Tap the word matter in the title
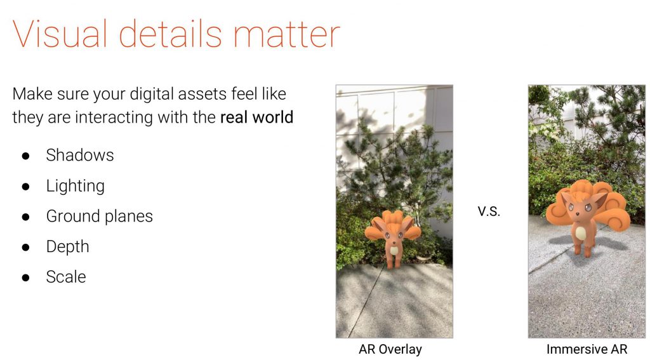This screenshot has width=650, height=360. [x=286, y=34]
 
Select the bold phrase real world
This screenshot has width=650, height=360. [x=256, y=117]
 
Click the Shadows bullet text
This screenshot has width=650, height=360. [x=79, y=155]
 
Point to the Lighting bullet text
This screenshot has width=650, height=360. [x=75, y=186]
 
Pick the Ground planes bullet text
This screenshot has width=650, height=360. [x=100, y=216]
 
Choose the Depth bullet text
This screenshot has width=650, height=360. [x=67, y=247]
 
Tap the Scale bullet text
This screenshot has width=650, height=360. [x=66, y=277]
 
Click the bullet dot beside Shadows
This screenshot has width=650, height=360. [x=25, y=156]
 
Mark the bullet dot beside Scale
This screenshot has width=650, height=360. [x=25, y=277]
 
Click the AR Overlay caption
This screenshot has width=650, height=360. [x=390, y=349]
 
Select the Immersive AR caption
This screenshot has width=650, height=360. [x=587, y=349]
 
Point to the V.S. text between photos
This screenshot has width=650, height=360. [x=489, y=211]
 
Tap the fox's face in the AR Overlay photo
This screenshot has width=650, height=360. [x=392, y=236]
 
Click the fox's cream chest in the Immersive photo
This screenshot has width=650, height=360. [x=581, y=232]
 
